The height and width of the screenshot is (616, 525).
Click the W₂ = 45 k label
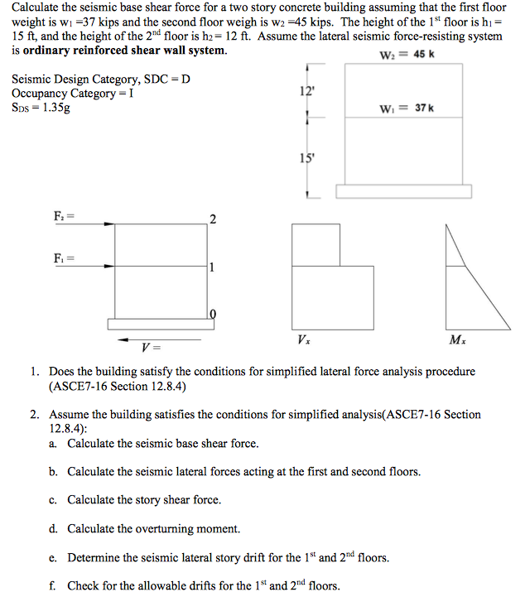(x=407, y=55)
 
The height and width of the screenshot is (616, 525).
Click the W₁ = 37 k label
(x=407, y=108)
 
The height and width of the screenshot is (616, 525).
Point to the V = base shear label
(x=152, y=348)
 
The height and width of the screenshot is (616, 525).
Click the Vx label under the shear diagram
(x=303, y=340)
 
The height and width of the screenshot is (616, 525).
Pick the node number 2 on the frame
(x=213, y=219)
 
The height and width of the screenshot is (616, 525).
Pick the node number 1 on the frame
(x=213, y=267)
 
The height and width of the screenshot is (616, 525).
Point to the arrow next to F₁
(x=98, y=265)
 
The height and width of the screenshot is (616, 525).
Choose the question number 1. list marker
(x=36, y=372)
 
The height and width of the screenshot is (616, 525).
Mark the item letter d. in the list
(x=52, y=529)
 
